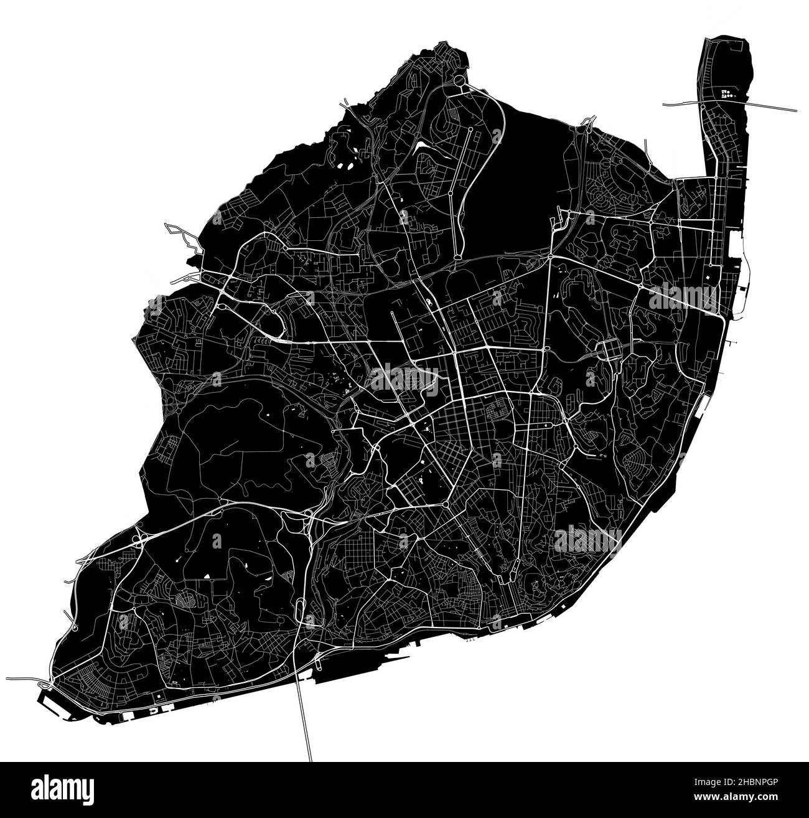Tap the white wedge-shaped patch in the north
coord(423,144)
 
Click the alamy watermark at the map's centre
coord(404,378)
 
